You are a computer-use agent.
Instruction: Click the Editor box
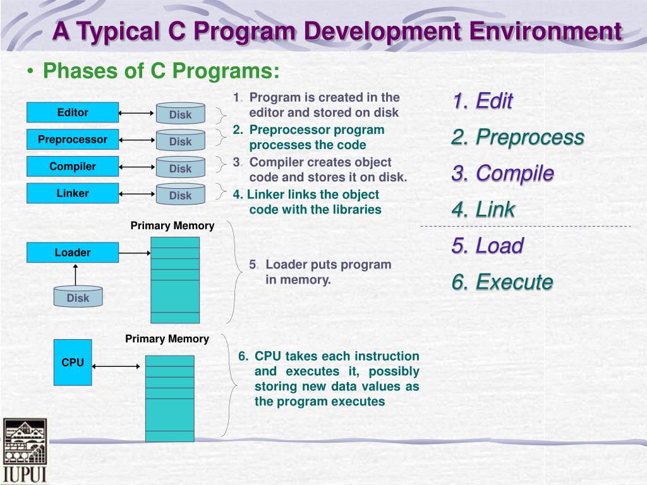[73, 112]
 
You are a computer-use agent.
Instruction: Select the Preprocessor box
[73, 140]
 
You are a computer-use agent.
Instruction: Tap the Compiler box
[73, 167]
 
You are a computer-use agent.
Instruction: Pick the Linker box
[73, 193]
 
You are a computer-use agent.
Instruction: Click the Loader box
[73, 253]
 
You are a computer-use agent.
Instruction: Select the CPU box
[73, 362]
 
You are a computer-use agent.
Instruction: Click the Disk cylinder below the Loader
[78, 297]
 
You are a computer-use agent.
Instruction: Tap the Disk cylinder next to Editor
[180, 114]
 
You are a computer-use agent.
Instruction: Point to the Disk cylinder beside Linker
[180, 195]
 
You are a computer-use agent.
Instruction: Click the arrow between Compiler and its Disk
[136, 167]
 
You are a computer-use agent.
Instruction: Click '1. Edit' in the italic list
[483, 101]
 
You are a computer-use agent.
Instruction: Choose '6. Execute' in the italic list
[502, 282]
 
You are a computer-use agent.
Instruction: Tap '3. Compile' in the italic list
[502, 174]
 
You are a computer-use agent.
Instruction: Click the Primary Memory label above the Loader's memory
[172, 225]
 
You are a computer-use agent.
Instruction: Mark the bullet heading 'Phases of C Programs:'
[160, 71]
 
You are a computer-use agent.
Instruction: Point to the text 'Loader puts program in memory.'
[320, 272]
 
